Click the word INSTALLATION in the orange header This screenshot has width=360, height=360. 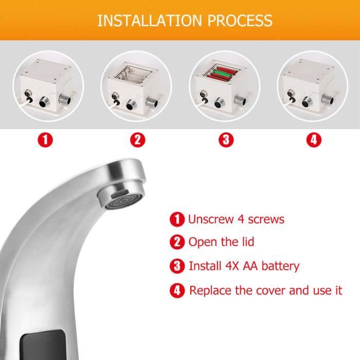(x=150, y=21)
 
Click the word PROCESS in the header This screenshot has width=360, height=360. (x=240, y=21)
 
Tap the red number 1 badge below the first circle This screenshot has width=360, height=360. (x=45, y=140)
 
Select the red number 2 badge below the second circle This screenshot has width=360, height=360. (x=137, y=140)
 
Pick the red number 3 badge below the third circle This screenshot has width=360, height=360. (x=226, y=140)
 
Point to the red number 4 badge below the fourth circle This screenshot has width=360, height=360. (x=314, y=140)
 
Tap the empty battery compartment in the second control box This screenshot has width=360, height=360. (x=133, y=75)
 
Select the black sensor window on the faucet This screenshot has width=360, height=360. (x=44, y=345)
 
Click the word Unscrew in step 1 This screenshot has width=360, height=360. (x=211, y=219)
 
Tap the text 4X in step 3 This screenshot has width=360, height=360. (x=232, y=266)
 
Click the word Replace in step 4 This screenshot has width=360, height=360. (x=210, y=291)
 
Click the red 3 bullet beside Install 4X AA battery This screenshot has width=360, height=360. (x=177, y=266)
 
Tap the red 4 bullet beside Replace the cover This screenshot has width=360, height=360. (x=177, y=291)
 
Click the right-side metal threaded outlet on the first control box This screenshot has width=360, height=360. (x=65, y=99)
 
